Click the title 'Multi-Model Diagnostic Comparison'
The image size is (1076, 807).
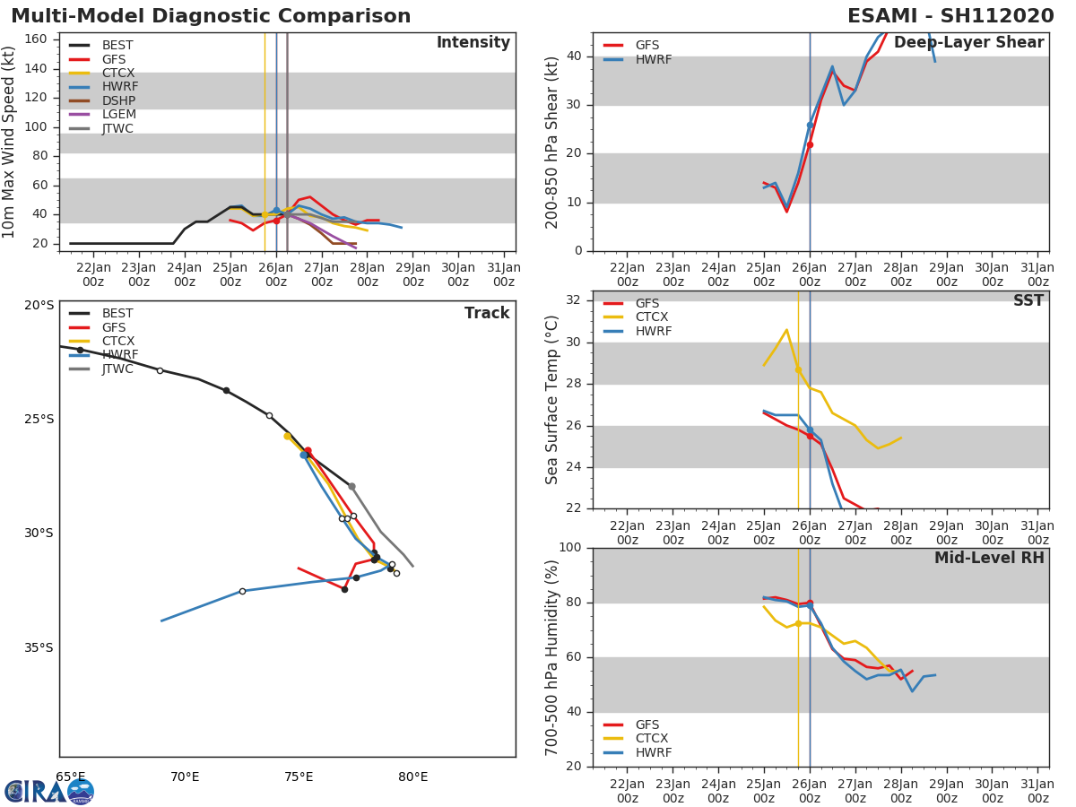point(211,16)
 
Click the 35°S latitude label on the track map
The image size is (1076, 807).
point(39,647)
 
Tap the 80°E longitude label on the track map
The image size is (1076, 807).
point(412,777)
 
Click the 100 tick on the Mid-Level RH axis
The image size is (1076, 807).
point(569,548)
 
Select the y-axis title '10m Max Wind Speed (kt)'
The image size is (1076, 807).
point(10,142)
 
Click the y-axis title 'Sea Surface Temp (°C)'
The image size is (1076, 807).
point(552,400)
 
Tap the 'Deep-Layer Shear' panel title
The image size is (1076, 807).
point(968,43)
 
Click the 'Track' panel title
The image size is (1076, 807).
point(487,313)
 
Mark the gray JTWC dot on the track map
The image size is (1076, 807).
point(351,486)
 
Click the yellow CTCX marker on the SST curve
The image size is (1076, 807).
point(798,369)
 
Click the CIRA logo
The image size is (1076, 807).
point(48,791)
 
